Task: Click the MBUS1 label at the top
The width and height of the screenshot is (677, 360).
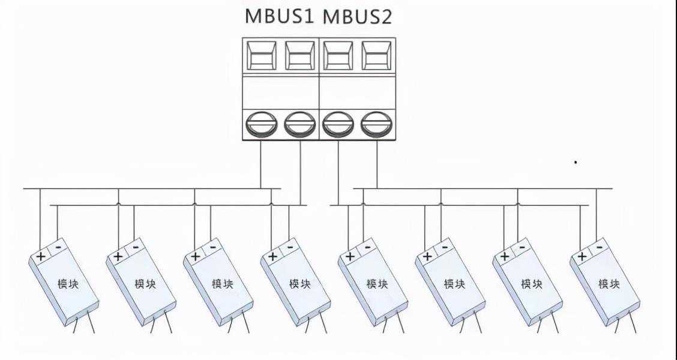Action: (x=280, y=16)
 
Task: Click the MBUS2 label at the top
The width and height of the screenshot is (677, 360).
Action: (x=358, y=16)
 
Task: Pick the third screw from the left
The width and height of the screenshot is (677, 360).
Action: (x=338, y=124)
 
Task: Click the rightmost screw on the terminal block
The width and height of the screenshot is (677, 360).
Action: (x=377, y=124)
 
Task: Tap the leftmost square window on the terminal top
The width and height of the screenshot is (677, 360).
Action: (x=262, y=56)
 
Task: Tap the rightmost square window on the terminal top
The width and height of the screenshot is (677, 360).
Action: (x=377, y=56)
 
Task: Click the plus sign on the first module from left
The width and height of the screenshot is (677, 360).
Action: (x=41, y=256)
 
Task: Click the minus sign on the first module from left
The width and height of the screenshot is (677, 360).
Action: (x=58, y=247)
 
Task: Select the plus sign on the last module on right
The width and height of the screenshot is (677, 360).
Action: (x=581, y=256)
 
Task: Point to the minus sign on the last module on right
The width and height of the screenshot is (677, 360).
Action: (x=599, y=247)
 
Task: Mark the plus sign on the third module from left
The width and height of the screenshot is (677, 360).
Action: (x=195, y=256)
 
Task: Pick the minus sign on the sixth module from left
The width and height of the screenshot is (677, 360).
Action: (x=445, y=247)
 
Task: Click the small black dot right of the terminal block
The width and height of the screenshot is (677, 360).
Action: (x=576, y=162)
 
